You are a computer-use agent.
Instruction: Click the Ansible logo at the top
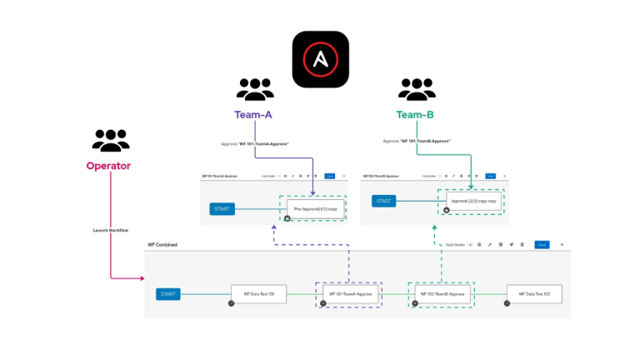coord(320,59)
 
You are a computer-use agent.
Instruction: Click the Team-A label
coord(255,114)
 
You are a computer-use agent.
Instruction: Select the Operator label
coord(108,166)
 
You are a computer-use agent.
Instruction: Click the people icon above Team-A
coord(255,89)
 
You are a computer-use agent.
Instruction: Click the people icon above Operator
coord(110,140)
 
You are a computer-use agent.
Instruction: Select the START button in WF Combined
coord(168,294)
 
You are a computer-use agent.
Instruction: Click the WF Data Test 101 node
coord(258,294)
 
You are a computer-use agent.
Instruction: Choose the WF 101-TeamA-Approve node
coord(348,294)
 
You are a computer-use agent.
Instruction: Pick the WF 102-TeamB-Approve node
coord(441,294)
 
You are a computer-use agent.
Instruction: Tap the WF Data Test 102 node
coord(534,294)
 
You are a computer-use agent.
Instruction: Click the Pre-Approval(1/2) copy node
coord(315,208)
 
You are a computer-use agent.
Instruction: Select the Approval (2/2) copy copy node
coord(473,202)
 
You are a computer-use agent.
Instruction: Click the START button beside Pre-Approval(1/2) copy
coord(222,208)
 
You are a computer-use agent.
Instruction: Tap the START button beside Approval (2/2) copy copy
coord(383,201)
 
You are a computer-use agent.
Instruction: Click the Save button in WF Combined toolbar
coord(542,245)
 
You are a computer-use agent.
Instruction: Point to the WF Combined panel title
coord(162,245)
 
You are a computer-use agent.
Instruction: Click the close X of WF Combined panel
coord(562,245)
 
